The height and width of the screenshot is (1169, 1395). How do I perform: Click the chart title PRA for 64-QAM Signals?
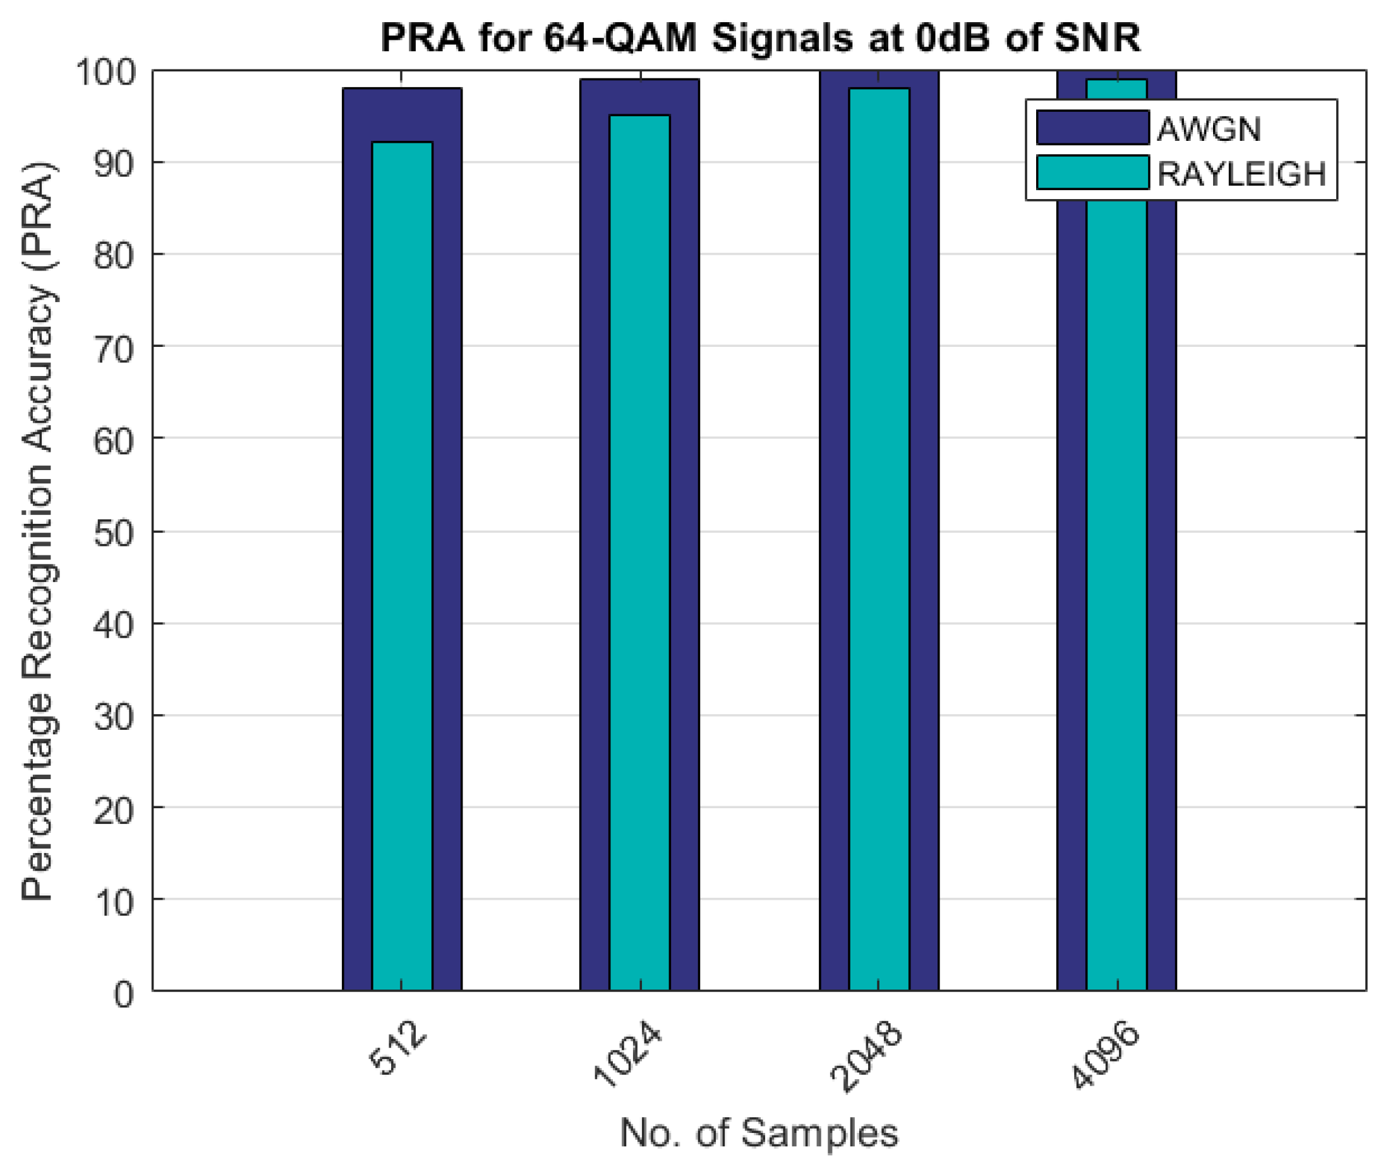[760, 37]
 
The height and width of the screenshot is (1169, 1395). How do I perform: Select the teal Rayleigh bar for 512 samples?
[402, 564]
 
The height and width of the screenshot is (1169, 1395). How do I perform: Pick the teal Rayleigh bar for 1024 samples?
[640, 551]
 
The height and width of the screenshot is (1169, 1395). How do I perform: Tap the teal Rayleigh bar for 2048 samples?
[879, 538]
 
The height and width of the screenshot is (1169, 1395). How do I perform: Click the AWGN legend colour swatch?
[1092, 127]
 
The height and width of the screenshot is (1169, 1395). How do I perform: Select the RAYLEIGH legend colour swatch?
[1092, 173]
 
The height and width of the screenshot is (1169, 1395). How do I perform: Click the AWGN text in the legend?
[1209, 128]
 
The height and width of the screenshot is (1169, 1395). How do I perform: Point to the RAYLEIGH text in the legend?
[1241, 174]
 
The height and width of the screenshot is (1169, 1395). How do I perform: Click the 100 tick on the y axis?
[106, 71]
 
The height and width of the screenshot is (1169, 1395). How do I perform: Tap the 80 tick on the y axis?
[114, 256]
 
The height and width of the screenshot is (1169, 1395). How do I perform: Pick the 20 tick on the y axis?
[114, 810]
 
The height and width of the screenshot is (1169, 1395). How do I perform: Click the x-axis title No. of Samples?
[759, 1133]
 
